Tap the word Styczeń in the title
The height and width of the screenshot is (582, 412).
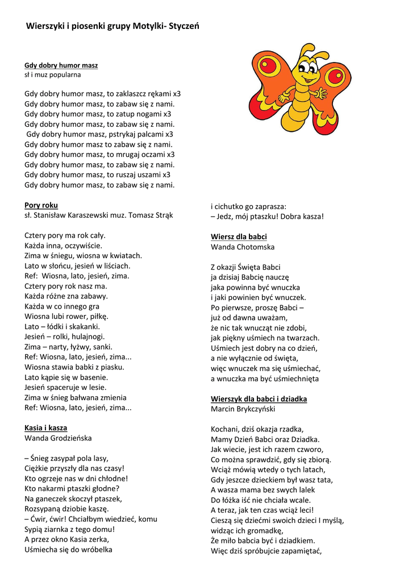tap(184, 26)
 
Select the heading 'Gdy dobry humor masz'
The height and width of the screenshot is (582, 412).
tap(61, 65)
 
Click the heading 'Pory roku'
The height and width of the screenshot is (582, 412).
tap(41, 205)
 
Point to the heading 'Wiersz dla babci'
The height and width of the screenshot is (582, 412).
tap(239, 236)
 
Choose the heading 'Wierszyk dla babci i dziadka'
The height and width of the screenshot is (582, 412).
tap(259, 399)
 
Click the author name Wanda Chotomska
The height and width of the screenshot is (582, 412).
tap(243, 247)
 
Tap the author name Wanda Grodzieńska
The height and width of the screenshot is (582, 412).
tap(58, 438)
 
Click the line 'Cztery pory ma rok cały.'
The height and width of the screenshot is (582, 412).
tap(65, 235)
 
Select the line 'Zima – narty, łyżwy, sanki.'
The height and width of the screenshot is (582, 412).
tap(68, 347)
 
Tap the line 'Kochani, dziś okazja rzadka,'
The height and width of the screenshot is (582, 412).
tap(257, 429)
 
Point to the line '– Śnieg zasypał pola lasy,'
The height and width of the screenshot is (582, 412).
tap(66, 458)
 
